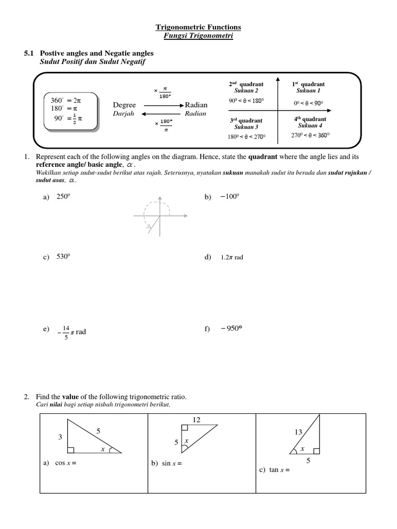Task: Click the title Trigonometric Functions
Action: pyautogui.click(x=198, y=27)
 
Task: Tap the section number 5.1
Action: pyautogui.click(x=29, y=53)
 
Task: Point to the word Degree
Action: pyautogui.click(x=124, y=105)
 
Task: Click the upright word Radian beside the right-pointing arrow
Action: pyautogui.click(x=195, y=105)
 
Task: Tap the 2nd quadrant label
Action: pyautogui.click(x=246, y=84)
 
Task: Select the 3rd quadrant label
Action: pyautogui.click(x=246, y=121)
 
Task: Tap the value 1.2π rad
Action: pyautogui.click(x=232, y=257)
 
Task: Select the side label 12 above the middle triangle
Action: pyautogui.click(x=196, y=419)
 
